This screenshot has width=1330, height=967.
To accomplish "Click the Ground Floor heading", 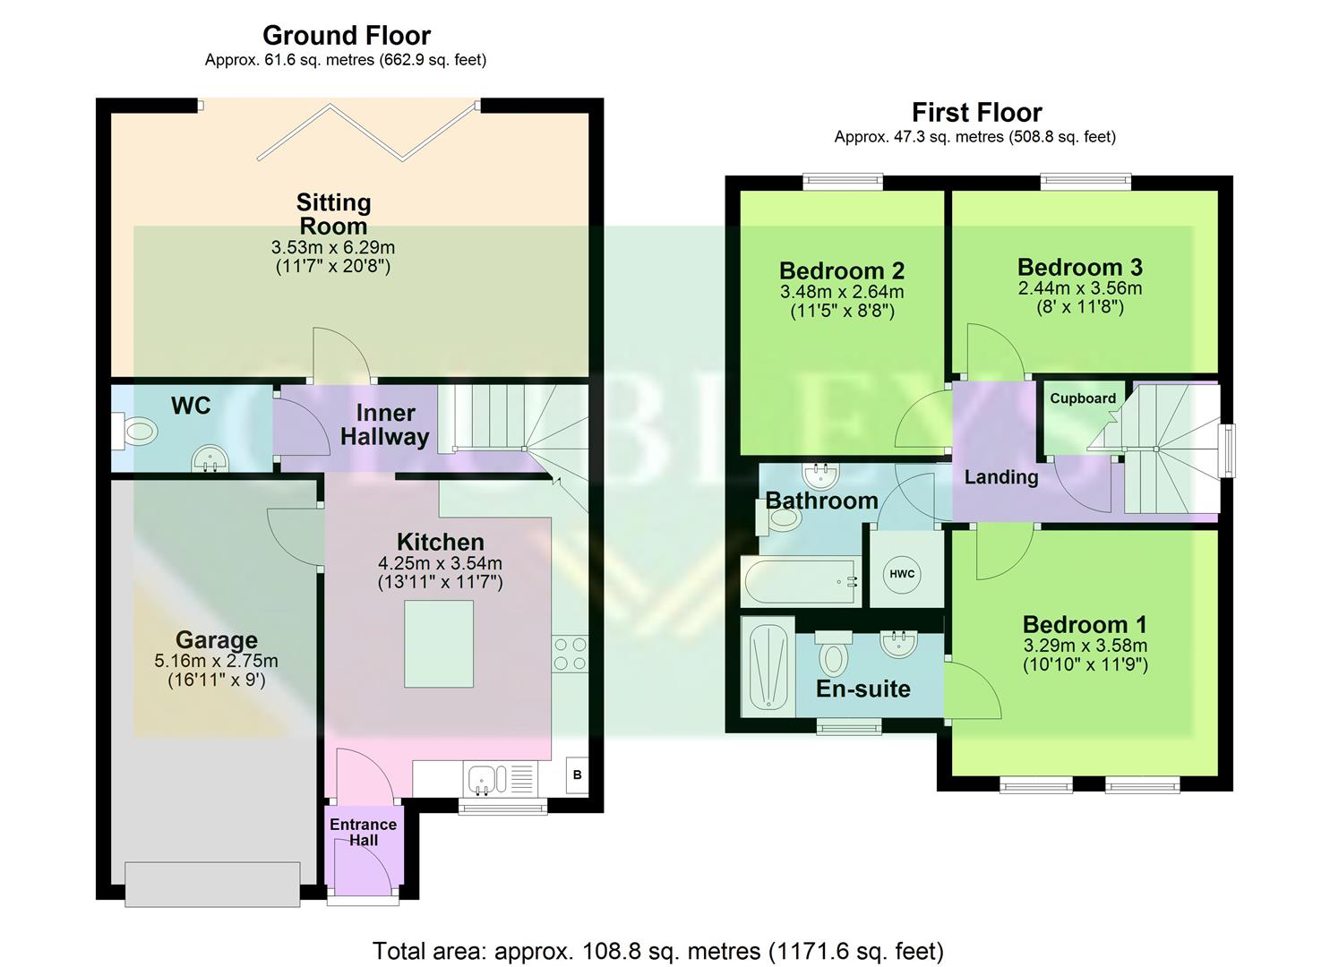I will (346, 36).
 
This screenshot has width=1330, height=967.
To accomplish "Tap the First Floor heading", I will (976, 113).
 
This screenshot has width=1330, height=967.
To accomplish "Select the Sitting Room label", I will (333, 214).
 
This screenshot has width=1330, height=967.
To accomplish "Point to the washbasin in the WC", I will (210, 459).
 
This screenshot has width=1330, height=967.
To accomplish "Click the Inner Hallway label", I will (385, 425).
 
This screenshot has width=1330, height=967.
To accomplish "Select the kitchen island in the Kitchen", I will (439, 644).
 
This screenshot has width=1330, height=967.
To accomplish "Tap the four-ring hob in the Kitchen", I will (570, 653).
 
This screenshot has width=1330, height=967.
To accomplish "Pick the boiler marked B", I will (577, 774).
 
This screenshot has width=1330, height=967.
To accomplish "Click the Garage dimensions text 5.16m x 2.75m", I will (216, 662).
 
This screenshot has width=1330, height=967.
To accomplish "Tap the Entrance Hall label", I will (363, 832).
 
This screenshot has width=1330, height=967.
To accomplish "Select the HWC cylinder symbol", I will (902, 574).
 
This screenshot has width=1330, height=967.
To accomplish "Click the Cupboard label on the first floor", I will (1083, 398).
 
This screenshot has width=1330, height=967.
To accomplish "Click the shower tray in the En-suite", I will (768, 666).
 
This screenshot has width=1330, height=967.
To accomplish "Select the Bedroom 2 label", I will (841, 270).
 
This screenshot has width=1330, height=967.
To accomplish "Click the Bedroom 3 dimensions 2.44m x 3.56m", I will (1079, 288).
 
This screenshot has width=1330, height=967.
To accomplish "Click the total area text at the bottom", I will (657, 950).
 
